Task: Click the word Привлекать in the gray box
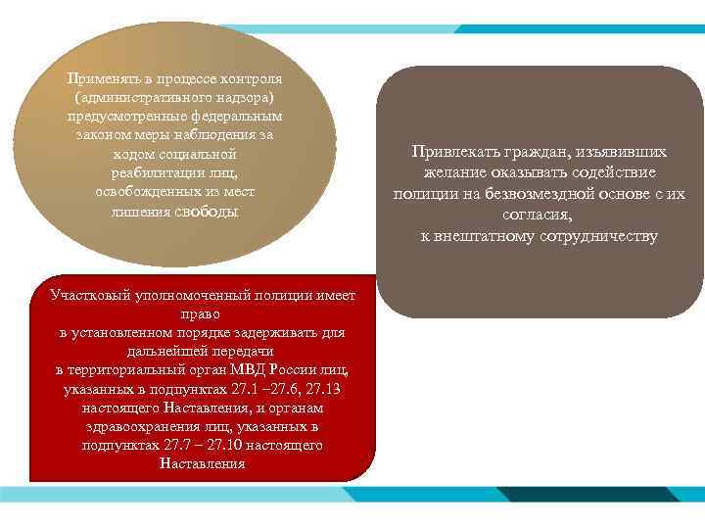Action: click(x=453, y=153)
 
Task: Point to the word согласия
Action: click(x=538, y=215)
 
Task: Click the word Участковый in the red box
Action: click(x=89, y=297)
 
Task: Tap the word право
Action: click(x=202, y=314)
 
